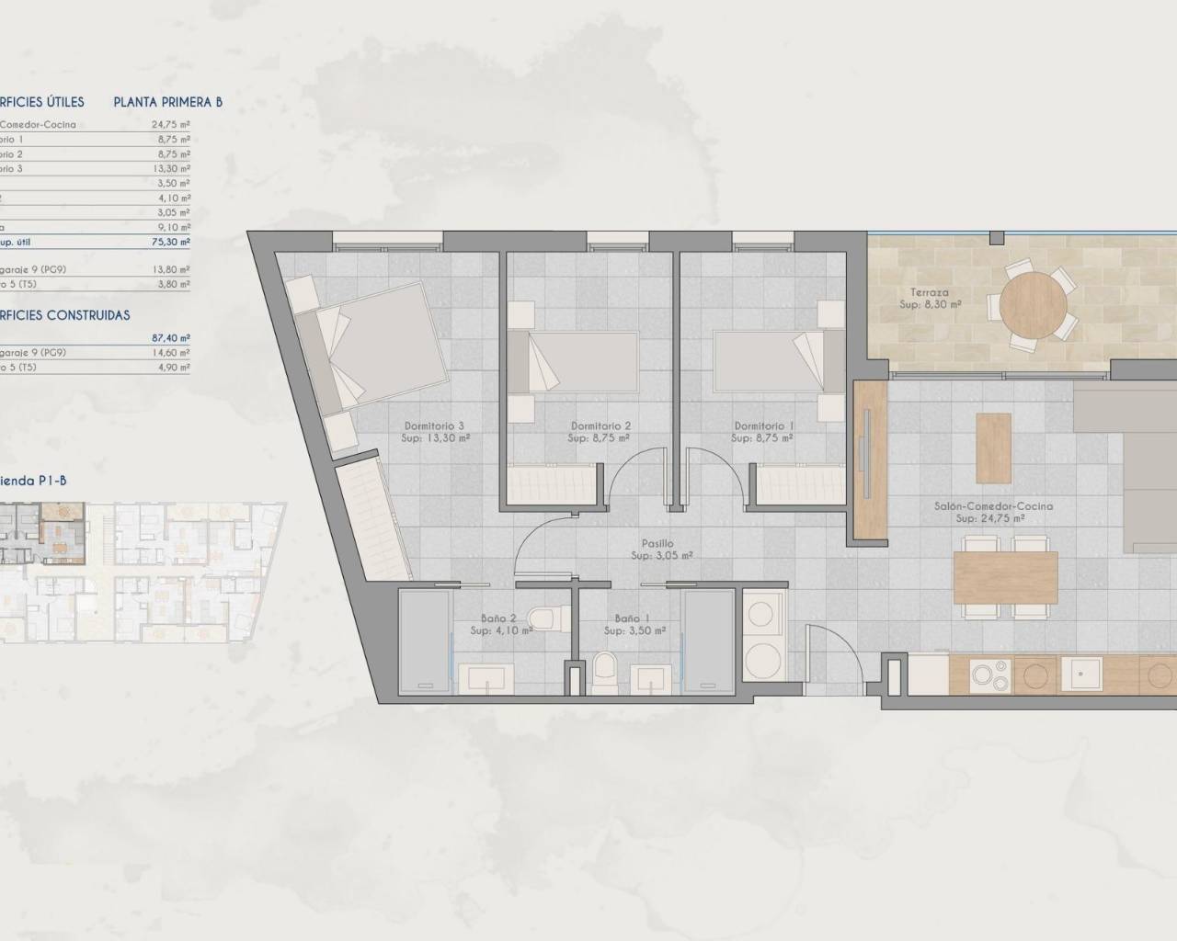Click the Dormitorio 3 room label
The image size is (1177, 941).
point(434,426)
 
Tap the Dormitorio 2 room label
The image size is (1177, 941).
point(600,426)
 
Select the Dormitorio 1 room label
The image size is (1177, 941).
point(764,426)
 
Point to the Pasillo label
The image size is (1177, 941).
point(661,544)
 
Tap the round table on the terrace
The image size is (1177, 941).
point(1033,302)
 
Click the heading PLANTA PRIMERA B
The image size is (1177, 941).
point(167,102)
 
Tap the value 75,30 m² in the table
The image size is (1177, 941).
point(171,242)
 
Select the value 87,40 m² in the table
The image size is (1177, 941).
point(171,337)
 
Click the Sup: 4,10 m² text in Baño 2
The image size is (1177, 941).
point(501,631)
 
